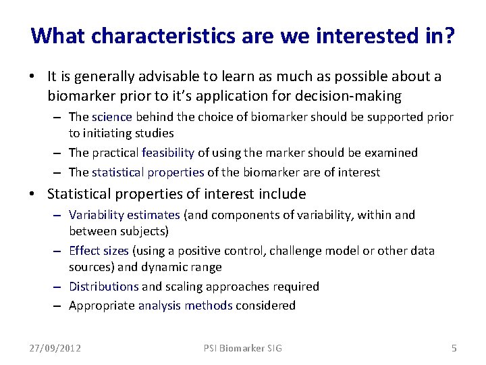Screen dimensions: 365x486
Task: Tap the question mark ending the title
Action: point(448,36)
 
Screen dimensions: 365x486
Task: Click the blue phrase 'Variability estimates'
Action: point(124,215)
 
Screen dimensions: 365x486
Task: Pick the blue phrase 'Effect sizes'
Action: point(99,251)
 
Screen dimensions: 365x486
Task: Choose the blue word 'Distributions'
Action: point(103,287)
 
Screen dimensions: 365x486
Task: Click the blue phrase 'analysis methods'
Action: point(185,306)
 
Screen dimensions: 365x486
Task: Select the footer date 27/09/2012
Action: point(55,348)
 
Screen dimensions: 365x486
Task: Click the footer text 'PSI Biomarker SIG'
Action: point(243,348)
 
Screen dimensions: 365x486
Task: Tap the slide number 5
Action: point(454,348)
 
